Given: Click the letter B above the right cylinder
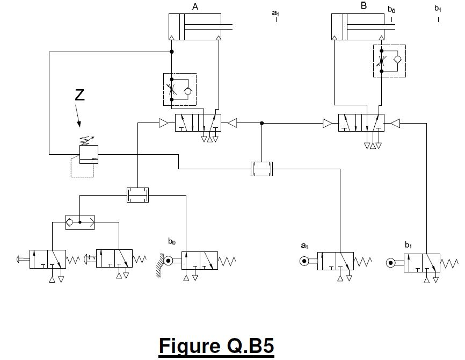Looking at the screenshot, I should [x=364, y=6].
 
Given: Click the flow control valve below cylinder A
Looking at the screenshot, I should [x=180, y=89].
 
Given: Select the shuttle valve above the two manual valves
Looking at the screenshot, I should [x=80, y=221].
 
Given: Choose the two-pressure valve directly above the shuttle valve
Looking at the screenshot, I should [x=137, y=195].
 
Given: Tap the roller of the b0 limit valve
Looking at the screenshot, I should [x=169, y=261].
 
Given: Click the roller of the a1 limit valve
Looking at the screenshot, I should [x=304, y=262].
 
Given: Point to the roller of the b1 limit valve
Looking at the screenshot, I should [x=391, y=263].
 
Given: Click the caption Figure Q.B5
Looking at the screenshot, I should [x=216, y=345].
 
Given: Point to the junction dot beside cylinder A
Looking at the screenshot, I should [x=172, y=52].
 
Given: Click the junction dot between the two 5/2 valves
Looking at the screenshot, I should [x=261, y=124].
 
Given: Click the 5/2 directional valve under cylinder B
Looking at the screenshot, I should [x=361, y=123].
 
